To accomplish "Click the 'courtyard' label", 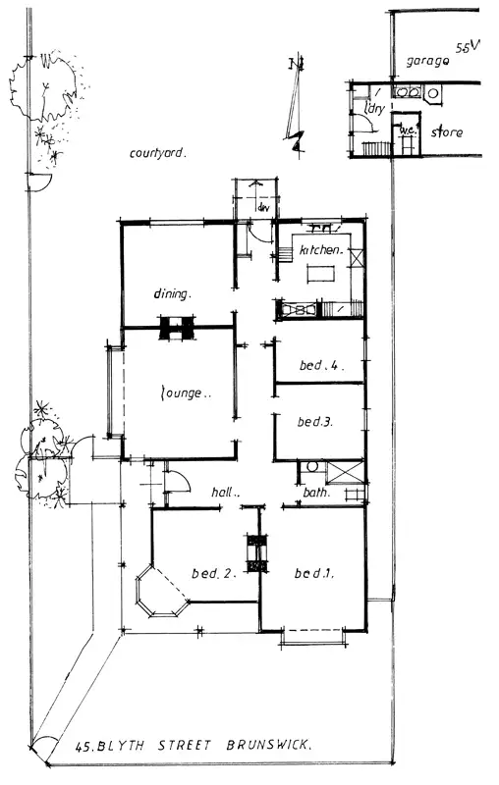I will pyautogui.click(x=158, y=153).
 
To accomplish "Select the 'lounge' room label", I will pyautogui.click(x=186, y=393).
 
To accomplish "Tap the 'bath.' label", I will pyautogui.click(x=315, y=494).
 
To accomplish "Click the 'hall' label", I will pyautogui.click(x=227, y=494).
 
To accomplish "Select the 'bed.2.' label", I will pyautogui.click(x=215, y=573).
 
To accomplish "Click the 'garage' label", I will pyautogui.click(x=428, y=61).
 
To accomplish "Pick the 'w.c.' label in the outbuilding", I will pyautogui.click(x=407, y=131).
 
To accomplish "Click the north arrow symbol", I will pyautogui.click(x=294, y=108).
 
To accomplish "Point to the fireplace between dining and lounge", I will pyautogui.click(x=177, y=328).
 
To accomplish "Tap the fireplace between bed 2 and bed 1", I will pyautogui.click(x=257, y=554).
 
